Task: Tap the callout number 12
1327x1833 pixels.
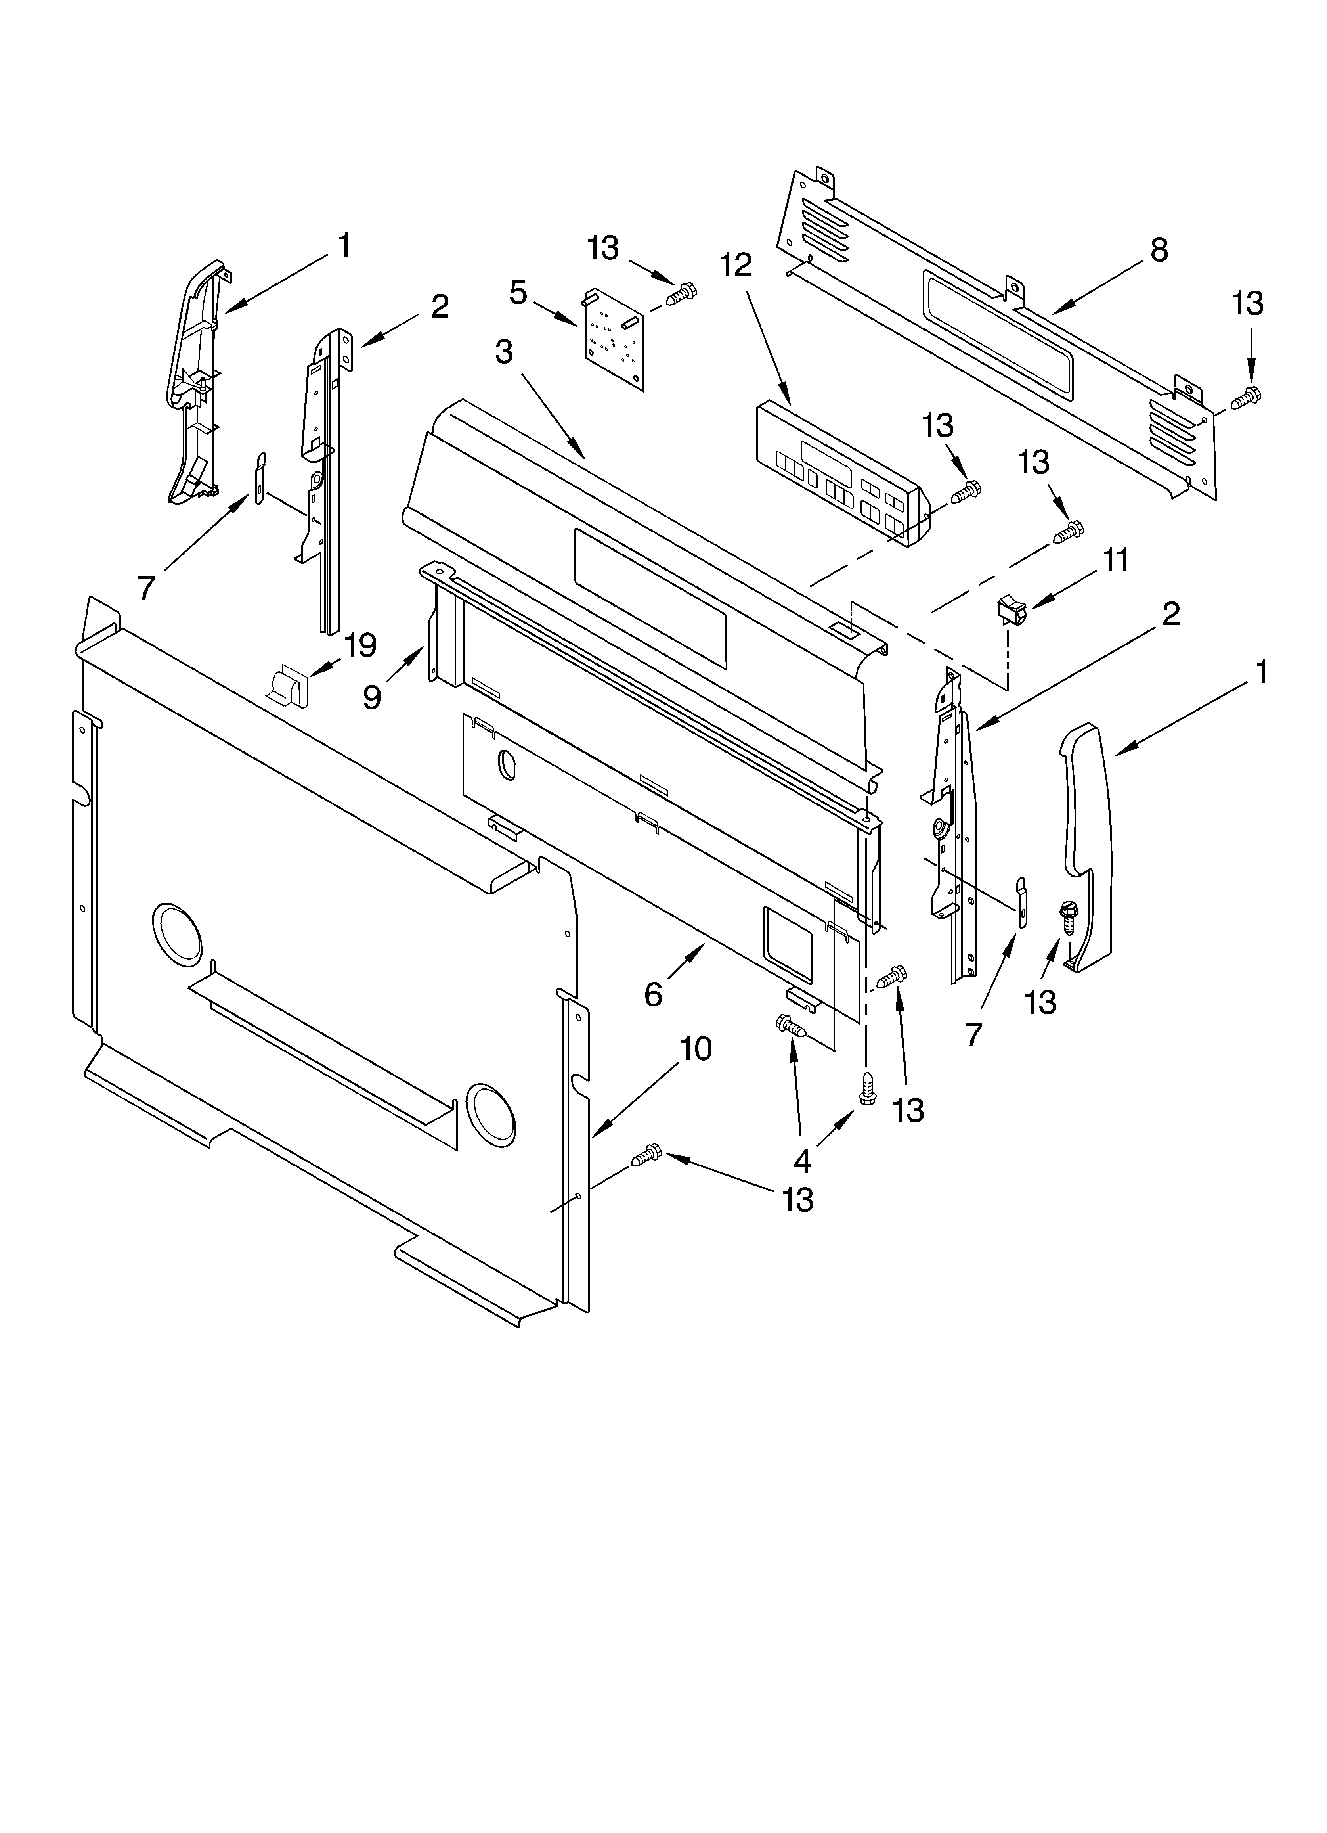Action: (735, 265)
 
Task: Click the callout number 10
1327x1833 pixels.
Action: (695, 1049)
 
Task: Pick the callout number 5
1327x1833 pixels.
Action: (518, 293)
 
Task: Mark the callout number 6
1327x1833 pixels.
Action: (653, 994)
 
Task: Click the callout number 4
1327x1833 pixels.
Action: (802, 1161)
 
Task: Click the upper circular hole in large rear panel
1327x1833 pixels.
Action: (176, 933)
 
